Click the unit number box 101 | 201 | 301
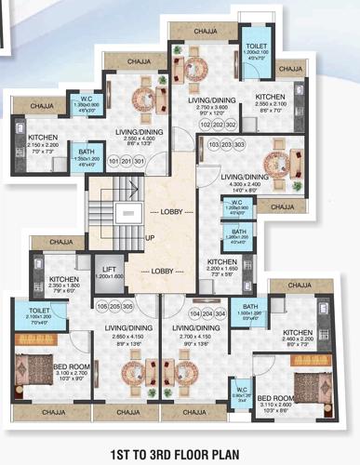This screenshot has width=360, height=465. pos(126,161)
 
